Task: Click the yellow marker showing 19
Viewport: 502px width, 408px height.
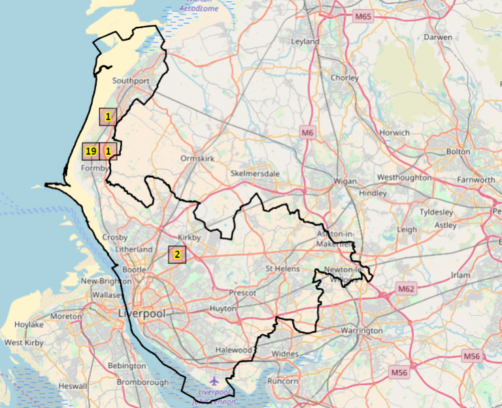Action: coord(91,152)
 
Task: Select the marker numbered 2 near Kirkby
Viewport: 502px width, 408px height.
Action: coord(176,254)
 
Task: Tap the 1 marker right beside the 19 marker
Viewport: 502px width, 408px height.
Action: coord(109,152)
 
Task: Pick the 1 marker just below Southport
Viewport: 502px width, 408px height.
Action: coord(108,116)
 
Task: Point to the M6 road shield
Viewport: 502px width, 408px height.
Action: coord(308,133)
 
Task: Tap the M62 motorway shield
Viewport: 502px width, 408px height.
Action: coord(406,288)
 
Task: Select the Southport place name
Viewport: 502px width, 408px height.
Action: coord(131,80)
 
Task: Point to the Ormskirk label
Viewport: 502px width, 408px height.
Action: coord(197,158)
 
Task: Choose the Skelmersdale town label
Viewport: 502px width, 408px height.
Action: coord(255,173)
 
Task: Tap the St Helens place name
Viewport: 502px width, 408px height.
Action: coord(282,269)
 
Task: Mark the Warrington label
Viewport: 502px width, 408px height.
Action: coord(361,331)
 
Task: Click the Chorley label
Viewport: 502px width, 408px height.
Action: coord(345,78)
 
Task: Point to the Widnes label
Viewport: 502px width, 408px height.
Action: coord(284,354)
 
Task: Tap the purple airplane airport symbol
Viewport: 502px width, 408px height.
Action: coord(214,380)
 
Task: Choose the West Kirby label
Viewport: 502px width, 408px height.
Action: coord(23,343)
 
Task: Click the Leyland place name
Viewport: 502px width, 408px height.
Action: coord(305,42)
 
